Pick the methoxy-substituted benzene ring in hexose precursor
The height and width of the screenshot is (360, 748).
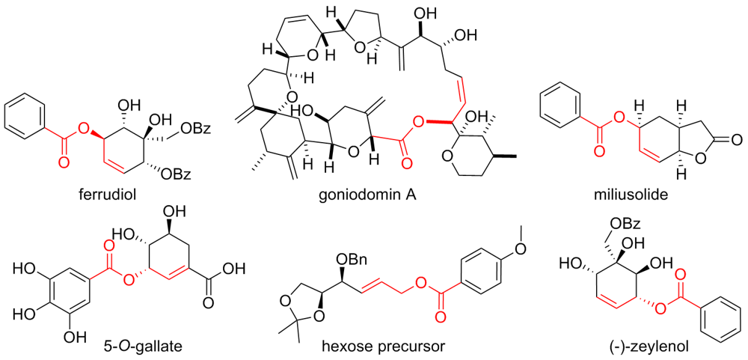pyautogui.click(x=483, y=269)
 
